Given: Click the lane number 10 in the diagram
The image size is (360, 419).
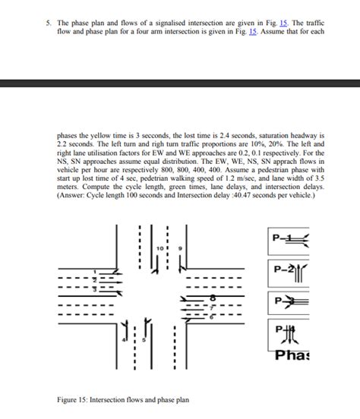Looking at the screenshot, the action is [160, 249].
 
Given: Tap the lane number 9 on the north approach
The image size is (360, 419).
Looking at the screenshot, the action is [180, 249].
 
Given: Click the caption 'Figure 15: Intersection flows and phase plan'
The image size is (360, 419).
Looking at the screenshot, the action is [123, 400].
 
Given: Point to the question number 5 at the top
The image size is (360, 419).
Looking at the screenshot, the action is [48, 25].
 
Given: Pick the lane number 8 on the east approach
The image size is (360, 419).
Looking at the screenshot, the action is [212, 298].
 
